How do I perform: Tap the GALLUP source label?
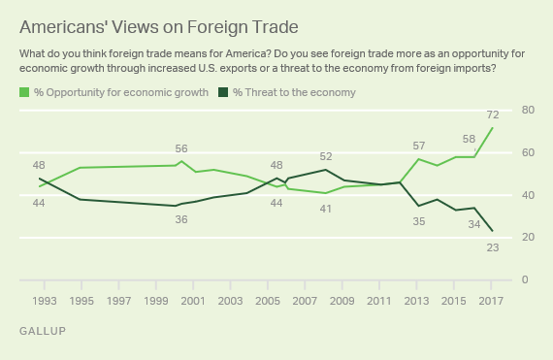pyautogui.click(x=44, y=332)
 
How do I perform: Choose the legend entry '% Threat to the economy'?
pyautogui.click(x=288, y=92)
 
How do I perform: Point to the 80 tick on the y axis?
pyautogui.click(x=527, y=111)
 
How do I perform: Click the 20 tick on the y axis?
pyautogui.click(x=527, y=238)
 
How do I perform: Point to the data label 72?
pyautogui.click(x=493, y=115)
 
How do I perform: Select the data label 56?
pyautogui.click(x=181, y=148)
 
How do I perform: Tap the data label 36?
pyautogui.click(x=180, y=220)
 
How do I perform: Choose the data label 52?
pyautogui.click(x=326, y=156)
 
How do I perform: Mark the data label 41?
pyautogui.click(x=327, y=209)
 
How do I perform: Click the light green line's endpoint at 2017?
pyautogui.click(x=493, y=127)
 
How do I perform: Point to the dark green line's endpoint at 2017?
pyautogui.click(x=493, y=231)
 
